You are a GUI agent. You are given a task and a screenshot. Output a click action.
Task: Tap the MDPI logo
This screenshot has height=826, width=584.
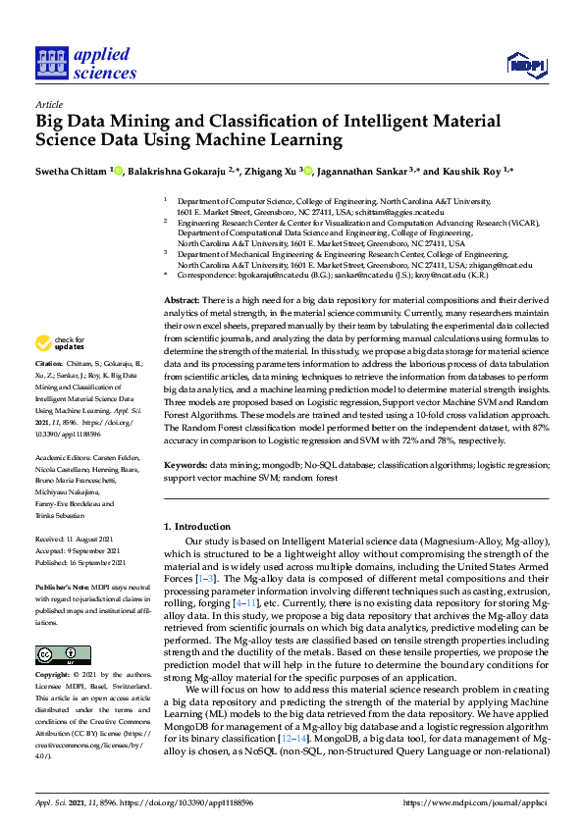(525, 66)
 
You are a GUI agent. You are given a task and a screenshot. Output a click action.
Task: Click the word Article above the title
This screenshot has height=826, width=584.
(50, 103)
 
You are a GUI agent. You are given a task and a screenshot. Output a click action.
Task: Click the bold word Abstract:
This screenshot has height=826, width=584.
(182, 299)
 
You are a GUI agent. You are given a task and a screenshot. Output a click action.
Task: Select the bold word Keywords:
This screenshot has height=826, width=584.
(186, 465)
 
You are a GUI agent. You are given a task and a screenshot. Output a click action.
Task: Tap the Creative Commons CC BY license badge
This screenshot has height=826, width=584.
(63, 654)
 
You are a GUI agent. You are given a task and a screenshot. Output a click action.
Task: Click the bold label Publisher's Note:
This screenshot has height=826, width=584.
(63, 586)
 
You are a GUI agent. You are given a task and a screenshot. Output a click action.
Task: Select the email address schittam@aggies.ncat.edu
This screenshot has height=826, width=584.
(401, 211)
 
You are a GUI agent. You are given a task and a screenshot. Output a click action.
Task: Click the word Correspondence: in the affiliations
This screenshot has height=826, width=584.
(209, 276)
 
